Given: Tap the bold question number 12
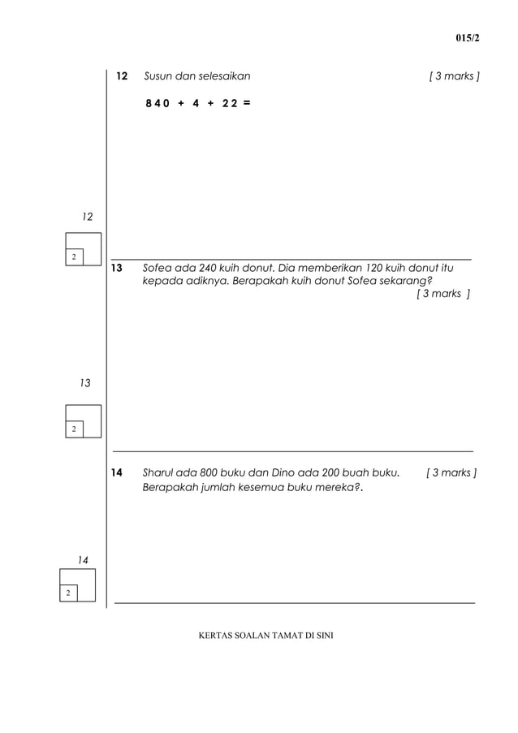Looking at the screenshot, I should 122,76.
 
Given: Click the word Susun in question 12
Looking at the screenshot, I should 158,76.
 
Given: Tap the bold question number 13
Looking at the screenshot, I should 115,268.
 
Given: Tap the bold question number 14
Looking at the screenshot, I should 116,472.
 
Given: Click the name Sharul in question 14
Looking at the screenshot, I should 159,472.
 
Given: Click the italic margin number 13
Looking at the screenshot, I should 84,382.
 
